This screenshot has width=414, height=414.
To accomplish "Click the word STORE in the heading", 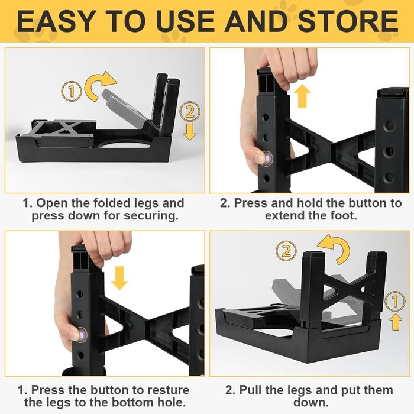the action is [x=348, y=21].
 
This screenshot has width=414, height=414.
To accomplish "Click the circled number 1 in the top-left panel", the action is [x=72, y=91].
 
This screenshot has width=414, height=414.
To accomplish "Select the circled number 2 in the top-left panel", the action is [x=190, y=111].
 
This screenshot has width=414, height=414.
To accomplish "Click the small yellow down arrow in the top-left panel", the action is [x=190, y=132].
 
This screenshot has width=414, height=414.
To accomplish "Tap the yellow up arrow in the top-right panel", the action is [x=302, y=96].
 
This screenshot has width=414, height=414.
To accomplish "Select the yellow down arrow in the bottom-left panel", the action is [x=119, y=278].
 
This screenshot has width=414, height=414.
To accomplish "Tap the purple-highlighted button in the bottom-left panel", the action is [x=82, y=335].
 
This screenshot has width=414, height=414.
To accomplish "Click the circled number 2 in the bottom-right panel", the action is [x=286, y=251].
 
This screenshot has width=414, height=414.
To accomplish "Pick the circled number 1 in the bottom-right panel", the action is [x=394, y=301].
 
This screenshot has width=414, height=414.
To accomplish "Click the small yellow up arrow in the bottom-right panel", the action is [x=396, y=322].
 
